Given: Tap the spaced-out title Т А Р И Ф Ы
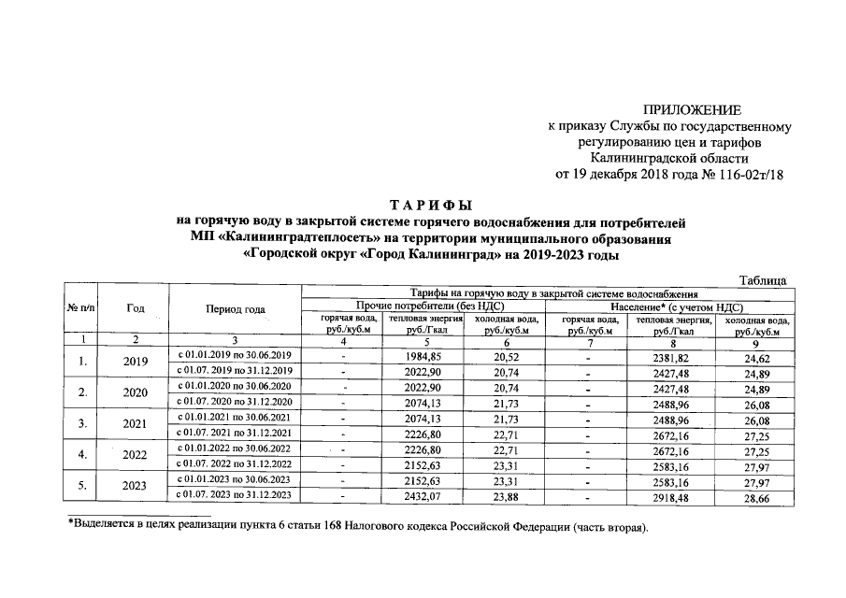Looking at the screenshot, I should [x=430, y=205].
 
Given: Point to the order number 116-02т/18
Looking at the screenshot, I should [x=745, y=173].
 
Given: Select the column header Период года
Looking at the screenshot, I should [x=236, y=309].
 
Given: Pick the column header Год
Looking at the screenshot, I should [x=136, y=309].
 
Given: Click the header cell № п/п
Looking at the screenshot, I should [x=82, y=309].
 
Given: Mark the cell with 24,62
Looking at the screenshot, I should [x=756, y=356].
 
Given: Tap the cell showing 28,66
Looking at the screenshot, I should [x=756, y=496].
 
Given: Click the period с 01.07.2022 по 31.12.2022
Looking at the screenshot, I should [x=236, y=464].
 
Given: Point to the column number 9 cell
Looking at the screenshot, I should [x=756, y=341].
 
